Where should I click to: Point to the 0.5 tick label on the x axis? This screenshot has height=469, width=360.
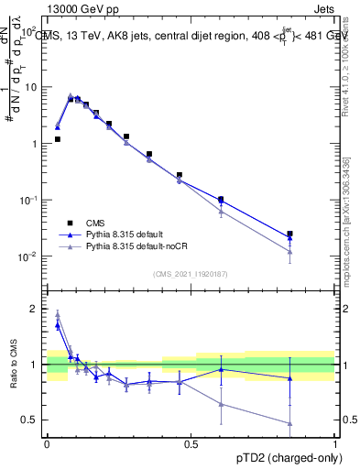tap(191, 443)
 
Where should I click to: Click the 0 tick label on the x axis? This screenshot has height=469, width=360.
tap(47, 443)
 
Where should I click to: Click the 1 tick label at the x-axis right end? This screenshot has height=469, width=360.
tap(334, 443)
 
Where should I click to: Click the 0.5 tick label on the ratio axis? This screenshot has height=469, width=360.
tap(32, 420)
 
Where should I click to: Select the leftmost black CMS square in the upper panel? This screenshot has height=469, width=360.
tap(58, 139)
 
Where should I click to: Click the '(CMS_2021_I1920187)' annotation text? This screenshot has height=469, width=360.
tap(191, 274)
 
